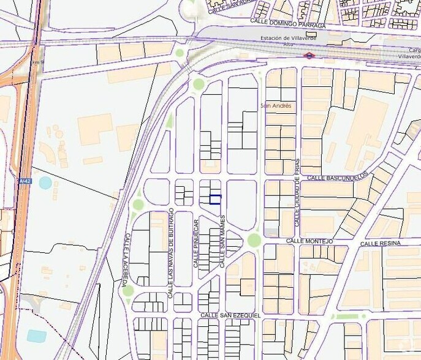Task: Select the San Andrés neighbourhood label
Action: (x=276, y=106)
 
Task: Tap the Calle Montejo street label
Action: (x=309, y=241)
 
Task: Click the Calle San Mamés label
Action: (x=223, y=241)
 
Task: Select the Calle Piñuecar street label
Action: (x=196, y=242)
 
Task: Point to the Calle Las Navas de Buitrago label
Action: (x=171, y=253)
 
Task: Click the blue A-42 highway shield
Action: (x=25, y=181)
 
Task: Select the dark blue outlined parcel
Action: (x=215, y=198)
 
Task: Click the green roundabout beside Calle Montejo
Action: (x=254, y=239)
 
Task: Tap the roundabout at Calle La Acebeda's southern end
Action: (x=127, y=290)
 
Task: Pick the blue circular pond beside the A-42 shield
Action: (x=45, y=182)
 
